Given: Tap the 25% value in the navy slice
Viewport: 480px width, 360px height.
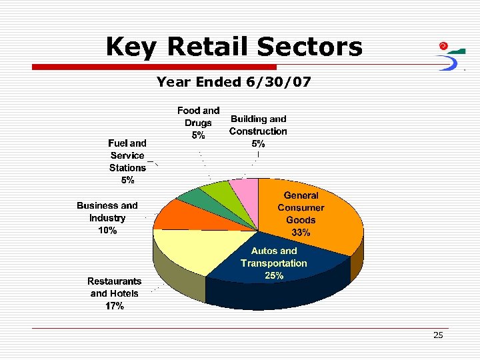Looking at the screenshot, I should [274, 275].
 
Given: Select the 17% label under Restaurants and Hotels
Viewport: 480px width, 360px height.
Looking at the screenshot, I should [115, 306].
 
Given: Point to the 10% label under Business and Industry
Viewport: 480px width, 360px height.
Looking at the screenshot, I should [107, 230].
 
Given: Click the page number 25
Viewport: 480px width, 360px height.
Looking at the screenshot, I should [438, 335].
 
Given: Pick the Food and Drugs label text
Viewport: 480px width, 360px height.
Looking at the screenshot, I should [198, 123].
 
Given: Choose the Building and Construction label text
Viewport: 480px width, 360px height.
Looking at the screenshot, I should [258, 131].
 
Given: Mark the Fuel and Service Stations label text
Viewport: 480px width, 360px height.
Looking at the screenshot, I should [127, 161].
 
